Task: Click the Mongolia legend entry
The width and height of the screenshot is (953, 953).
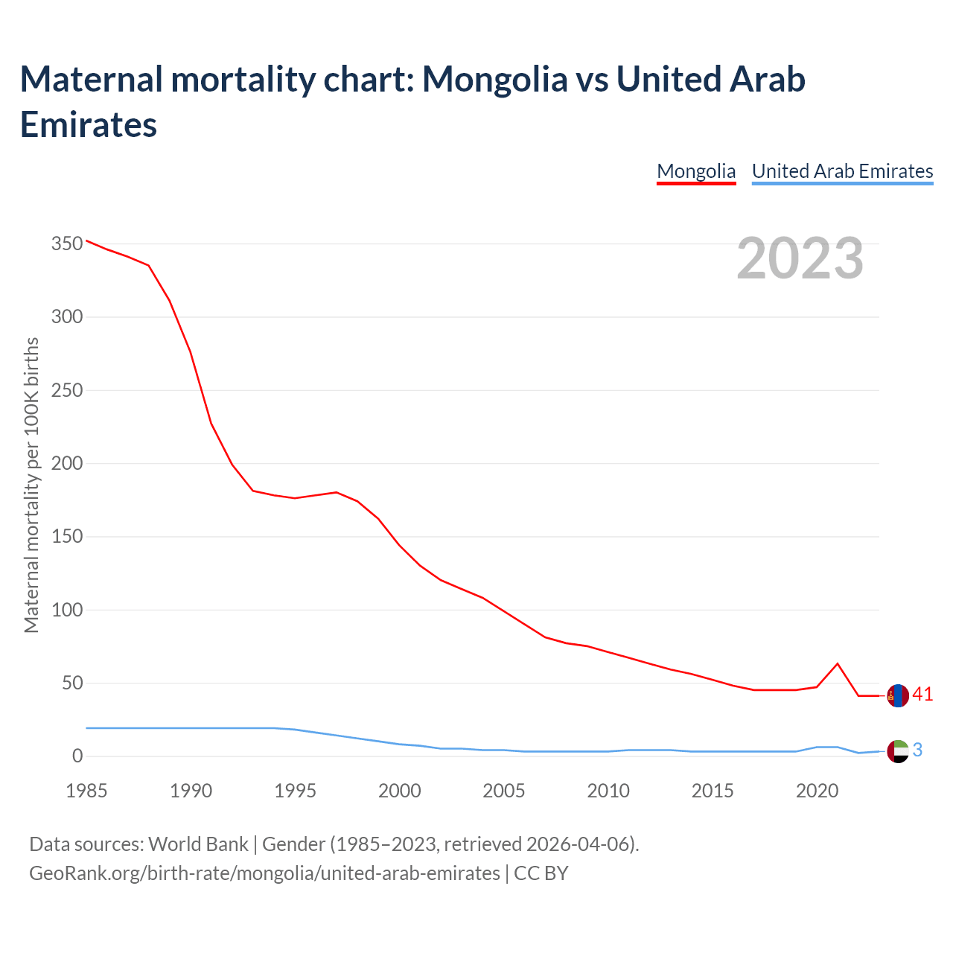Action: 696,172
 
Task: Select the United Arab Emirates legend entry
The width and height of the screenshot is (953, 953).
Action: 842,172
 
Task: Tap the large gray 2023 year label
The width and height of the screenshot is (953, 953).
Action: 800,258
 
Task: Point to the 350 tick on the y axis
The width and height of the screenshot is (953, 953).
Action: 67,244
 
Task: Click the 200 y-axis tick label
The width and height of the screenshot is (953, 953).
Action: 67,464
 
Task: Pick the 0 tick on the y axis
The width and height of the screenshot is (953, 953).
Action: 77,756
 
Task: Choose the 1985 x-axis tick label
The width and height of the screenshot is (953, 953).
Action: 86,791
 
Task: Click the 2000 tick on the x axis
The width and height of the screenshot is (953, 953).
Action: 400,791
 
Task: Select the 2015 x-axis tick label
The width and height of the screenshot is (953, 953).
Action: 713,791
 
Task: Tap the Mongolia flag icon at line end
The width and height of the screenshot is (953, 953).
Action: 899,695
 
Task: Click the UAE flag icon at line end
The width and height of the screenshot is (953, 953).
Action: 899,751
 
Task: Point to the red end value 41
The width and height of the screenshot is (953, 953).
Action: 922,695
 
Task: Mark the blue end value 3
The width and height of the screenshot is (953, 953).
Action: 917,750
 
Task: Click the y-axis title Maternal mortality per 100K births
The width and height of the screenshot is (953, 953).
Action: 31,485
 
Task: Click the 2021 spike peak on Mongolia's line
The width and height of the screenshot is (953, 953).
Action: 838,663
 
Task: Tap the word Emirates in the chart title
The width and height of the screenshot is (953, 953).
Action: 89,124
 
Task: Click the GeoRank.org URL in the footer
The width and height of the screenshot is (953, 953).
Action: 264,873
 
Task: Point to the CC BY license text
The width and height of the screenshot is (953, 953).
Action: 541,873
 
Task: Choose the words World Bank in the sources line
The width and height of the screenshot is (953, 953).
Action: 198,844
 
